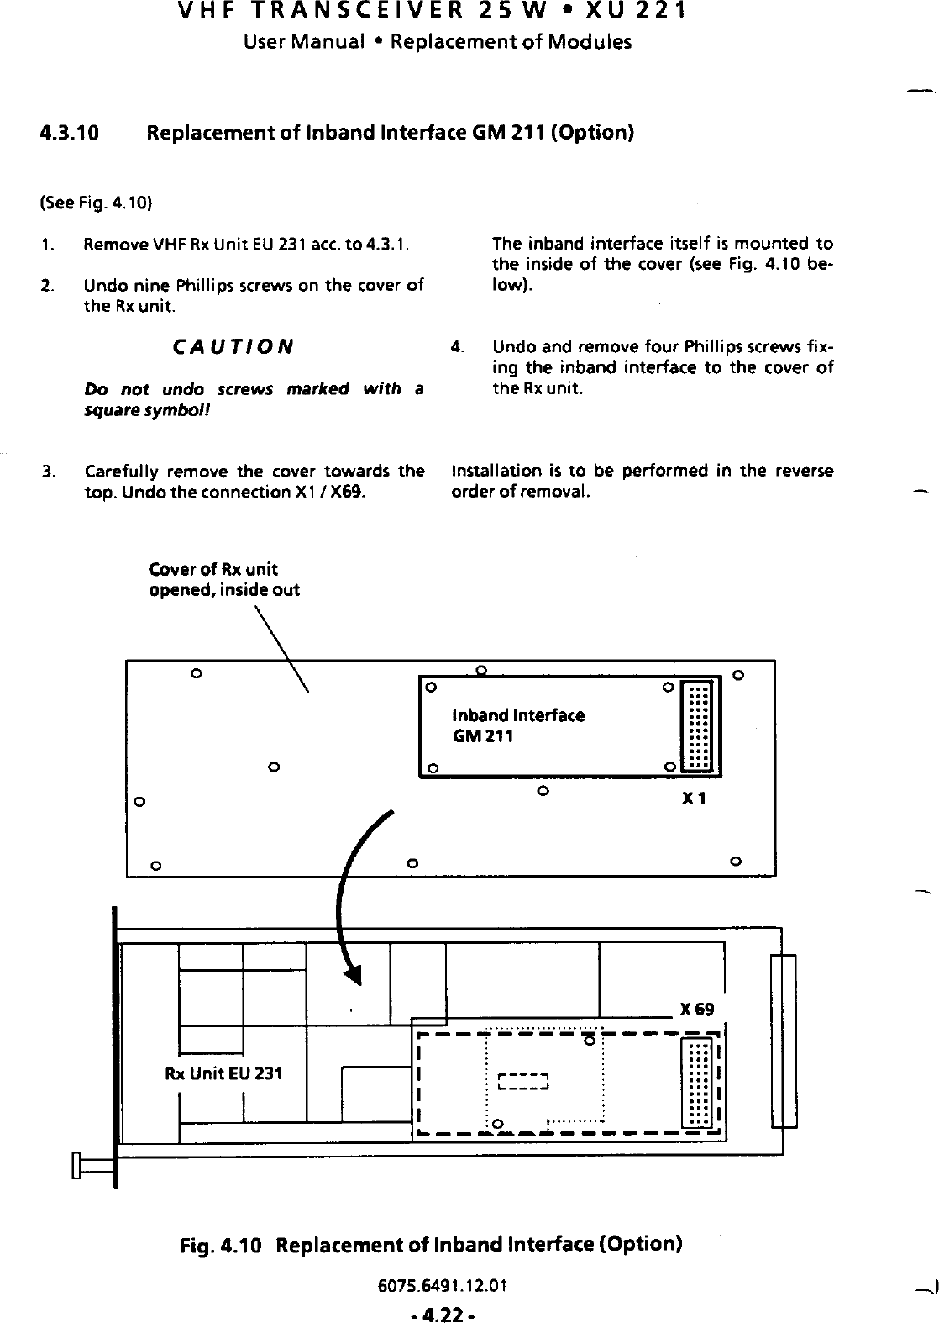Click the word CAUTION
(232, 346)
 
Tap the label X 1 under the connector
(694, 799)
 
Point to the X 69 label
(698, 1009)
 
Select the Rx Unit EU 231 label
(223, 1073)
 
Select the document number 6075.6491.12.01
(469, 1285)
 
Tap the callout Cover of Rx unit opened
(223, 579)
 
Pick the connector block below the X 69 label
(699, 1083)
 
